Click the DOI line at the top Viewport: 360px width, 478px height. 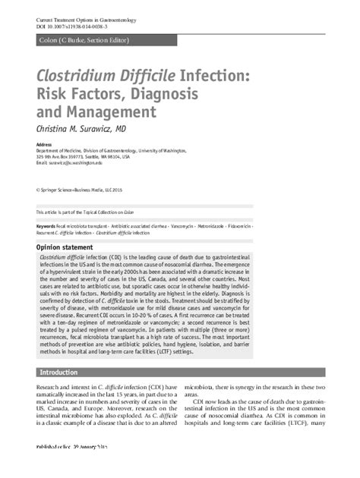(x=74, y=27)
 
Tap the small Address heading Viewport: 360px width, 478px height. (x=44, y=144)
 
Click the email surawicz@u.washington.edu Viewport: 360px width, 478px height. (x=93, y=163)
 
